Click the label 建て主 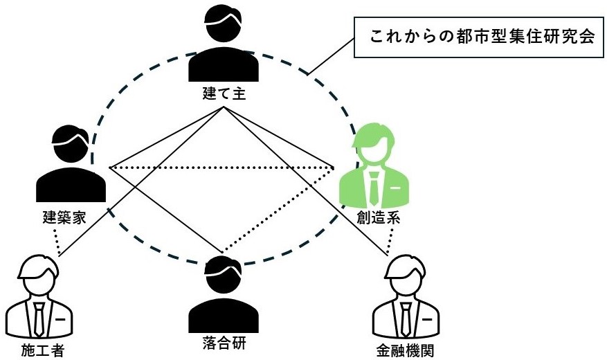[x=224, y=94]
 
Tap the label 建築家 [x=61, y=217]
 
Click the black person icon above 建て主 [x=224, y=46]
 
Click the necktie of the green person [x=373, y=188]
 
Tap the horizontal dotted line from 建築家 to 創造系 [x=221, y=168]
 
